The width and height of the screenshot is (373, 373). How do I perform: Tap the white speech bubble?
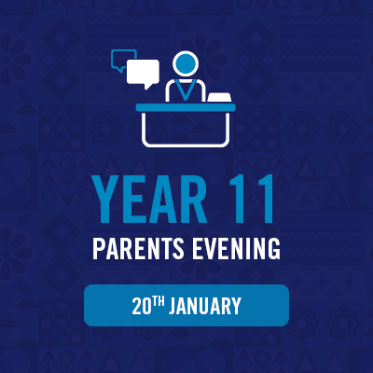tap(145, 73)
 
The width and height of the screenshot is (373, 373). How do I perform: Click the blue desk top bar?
tap(186, 107)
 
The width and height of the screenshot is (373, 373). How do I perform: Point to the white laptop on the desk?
tap(219, 98)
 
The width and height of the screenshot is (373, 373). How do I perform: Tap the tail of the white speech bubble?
tap(147, 86)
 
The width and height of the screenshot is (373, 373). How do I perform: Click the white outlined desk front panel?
tap(186, 129)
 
